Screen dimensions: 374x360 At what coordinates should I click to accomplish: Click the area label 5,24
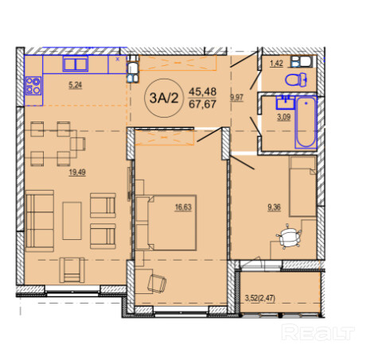pyautogui.click(x=76, y=85)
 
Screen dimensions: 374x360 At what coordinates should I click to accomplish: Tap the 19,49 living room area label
pyautogui.click(x=77, y=172)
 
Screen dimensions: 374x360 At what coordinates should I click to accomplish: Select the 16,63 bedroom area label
pyautogui.click(x=183, y=207)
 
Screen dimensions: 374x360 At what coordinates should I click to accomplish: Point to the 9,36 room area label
pyautogui.click(x=274, y=207)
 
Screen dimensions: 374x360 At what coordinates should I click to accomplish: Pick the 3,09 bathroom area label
pyautogui.click(x=284, y=117)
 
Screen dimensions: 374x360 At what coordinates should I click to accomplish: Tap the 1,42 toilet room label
pyautogui.click(x=276, y=64)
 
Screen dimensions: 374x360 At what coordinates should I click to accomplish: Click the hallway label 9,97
pyautogui.click(x=236, y=98)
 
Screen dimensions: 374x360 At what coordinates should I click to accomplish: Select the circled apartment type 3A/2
pyautogui.click(x=164, y=98)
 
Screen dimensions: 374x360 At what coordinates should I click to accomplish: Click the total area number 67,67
pyautogui.click(x=202, y=104)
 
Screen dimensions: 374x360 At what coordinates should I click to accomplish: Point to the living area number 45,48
pyautogui.click(x=202, y=92)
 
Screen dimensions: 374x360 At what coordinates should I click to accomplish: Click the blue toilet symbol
pyautogui.click(x=296, y=79)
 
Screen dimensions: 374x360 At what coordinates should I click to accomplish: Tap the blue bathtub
pyautogui.click(x=306, y=122)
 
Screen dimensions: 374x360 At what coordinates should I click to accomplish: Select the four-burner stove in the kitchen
pyautogui.click(x=33, y=86)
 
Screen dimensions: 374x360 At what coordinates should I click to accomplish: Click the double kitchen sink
pyautogui.click(x=76, y=64)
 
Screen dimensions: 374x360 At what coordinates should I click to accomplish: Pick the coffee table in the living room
pyautogui.click(x=72, y=221)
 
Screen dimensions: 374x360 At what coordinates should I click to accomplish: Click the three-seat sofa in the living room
pyautogui.click(x=40, y=220)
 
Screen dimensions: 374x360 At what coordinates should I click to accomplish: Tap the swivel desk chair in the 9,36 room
pyautogui.click(x=289, y=237)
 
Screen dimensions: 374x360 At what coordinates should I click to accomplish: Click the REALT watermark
pyautogui.click(x=318, y=332)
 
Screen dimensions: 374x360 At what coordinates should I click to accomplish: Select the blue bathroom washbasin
pyautogui.click(x=286, y=103)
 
